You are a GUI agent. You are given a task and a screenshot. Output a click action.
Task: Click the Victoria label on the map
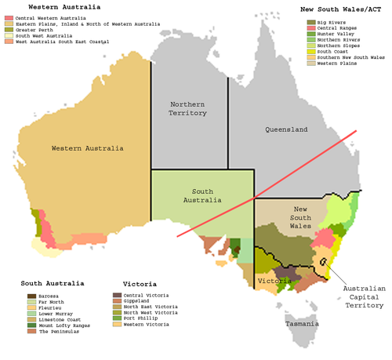(x=274, y=281)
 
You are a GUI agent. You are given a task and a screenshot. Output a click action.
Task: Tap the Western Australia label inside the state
(x=87, y=148)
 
